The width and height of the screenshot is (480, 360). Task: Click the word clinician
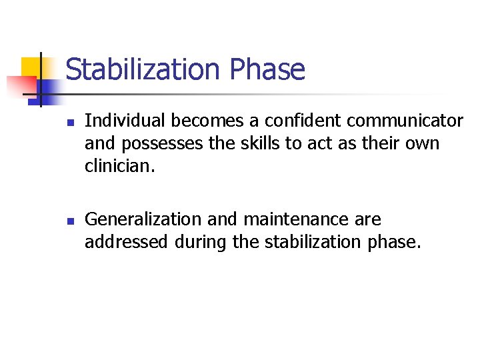coord(119,165)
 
